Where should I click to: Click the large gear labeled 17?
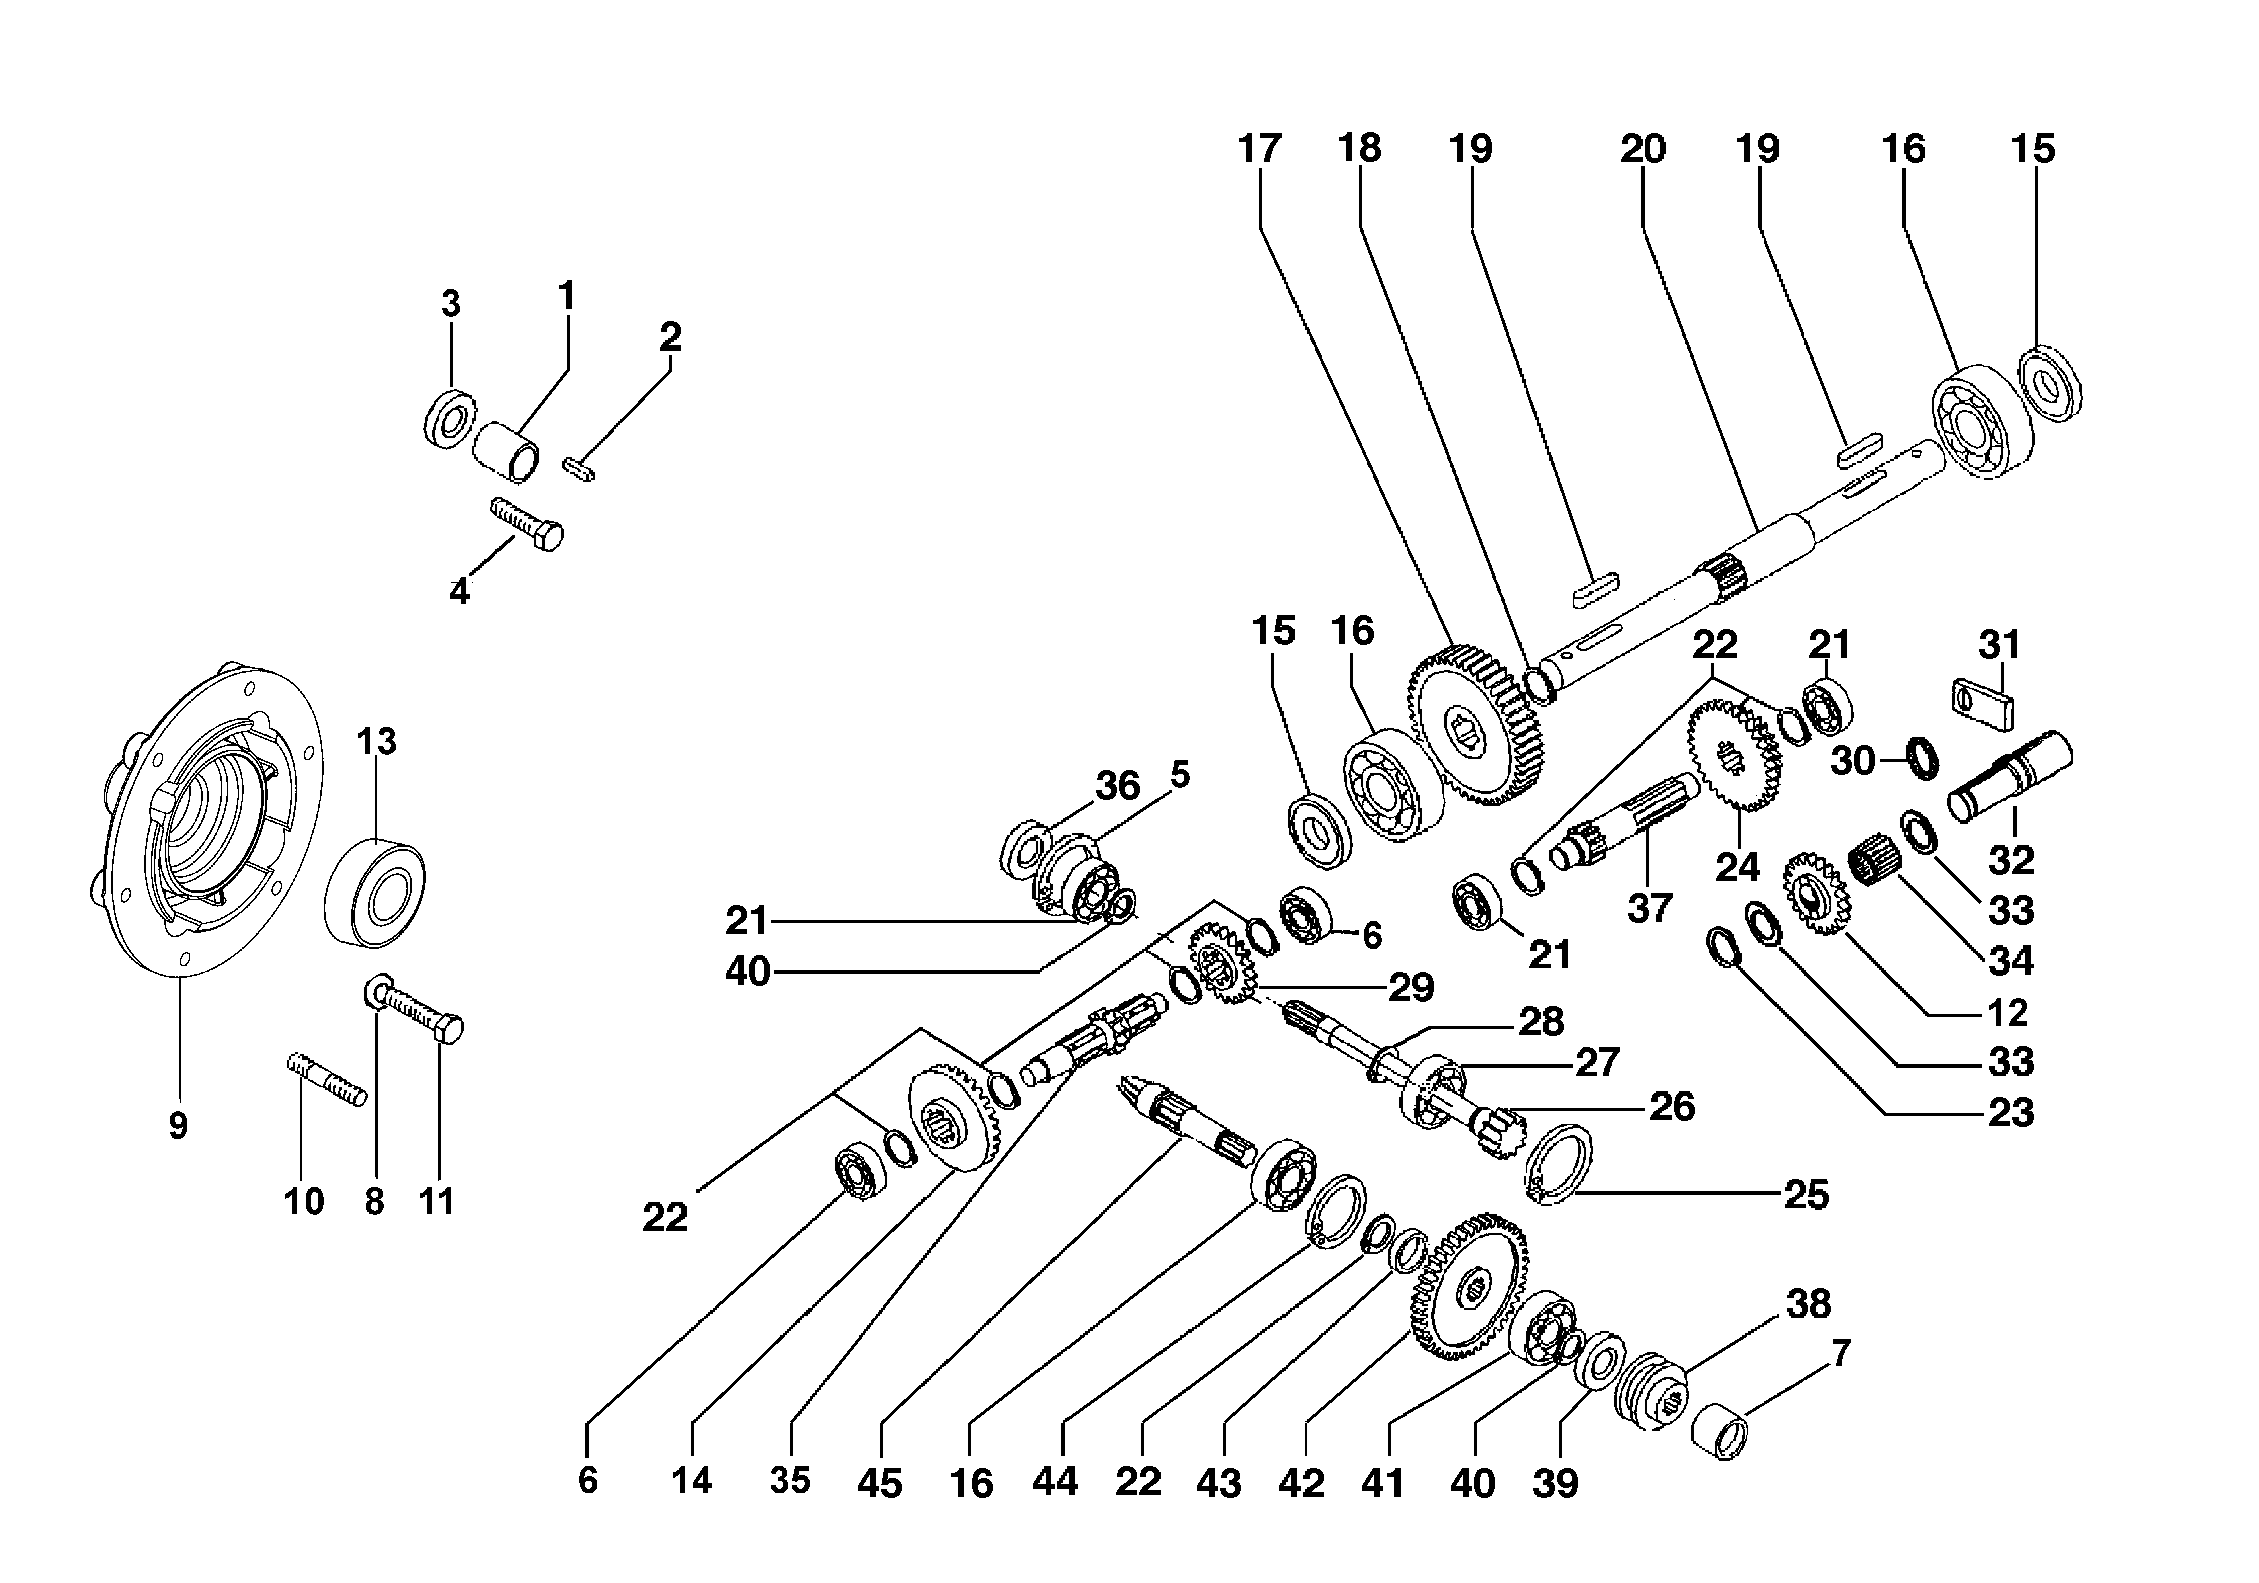[1476, 726]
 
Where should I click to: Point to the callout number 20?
[1643, 148]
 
